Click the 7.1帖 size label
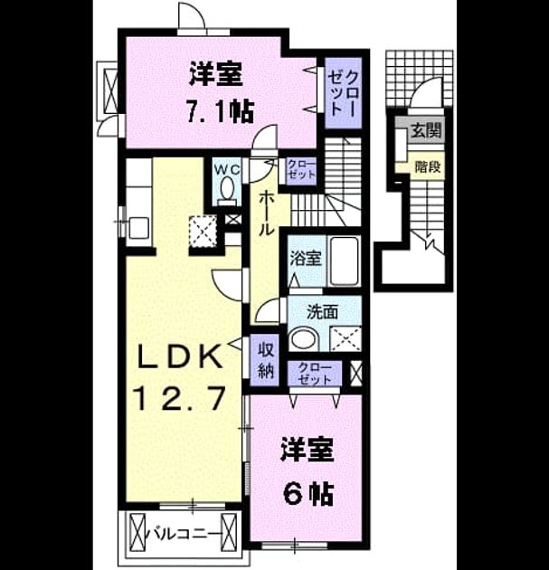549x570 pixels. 220,111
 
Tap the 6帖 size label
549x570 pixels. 308,494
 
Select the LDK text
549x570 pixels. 179,356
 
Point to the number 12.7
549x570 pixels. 180,398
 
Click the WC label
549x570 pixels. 227,168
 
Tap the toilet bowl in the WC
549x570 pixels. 228,187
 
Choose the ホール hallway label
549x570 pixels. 266,214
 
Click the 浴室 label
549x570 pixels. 305,259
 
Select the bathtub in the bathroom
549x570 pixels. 345,261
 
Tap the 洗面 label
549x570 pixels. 322,311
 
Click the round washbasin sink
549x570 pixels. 304,338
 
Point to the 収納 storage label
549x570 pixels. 266,361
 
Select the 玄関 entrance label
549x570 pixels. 426,130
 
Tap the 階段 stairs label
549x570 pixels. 428,166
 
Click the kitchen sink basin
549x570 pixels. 138,228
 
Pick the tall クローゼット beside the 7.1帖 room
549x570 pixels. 344,92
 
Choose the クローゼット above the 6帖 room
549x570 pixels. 315,374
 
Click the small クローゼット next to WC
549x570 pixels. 301,171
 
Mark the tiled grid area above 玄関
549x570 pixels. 420,78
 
